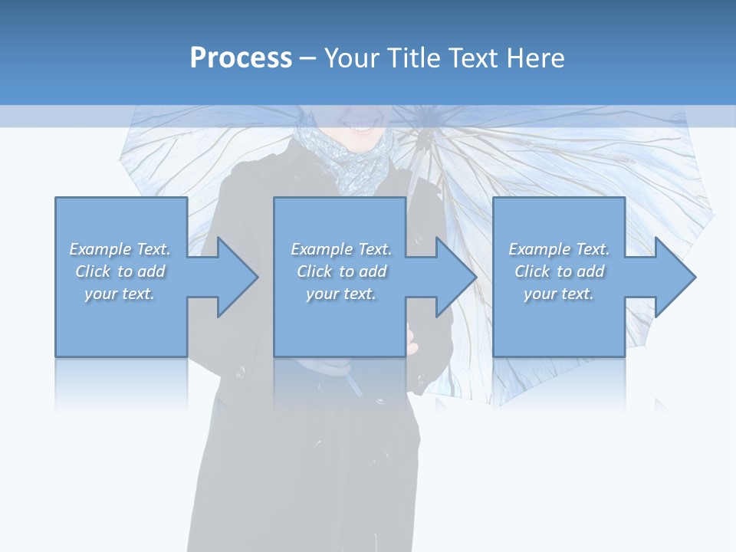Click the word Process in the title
click(241, 58)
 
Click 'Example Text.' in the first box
click(120, 249)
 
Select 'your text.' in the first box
click(120, 294)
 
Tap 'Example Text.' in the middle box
click(341, 249)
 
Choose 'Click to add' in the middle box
click(341, 271)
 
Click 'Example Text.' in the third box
click(559, 249)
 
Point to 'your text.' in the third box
click(559, 294)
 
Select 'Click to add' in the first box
click(120, 271)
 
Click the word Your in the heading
click(350, 58)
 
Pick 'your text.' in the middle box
click(341, 294)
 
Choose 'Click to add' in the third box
click(559, 271)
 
